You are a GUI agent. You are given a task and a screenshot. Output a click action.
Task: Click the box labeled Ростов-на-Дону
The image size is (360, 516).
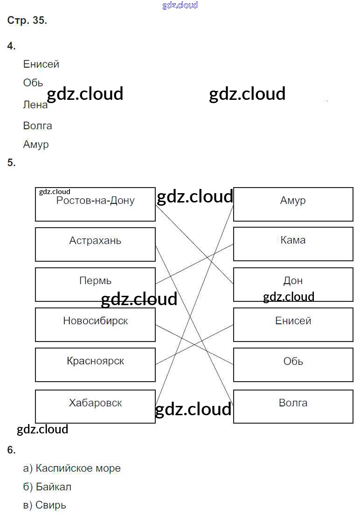coord(95,204)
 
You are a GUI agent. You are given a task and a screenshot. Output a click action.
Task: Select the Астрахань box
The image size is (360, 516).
coord(95,244)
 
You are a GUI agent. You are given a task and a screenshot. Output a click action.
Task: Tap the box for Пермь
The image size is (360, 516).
coord(95,284)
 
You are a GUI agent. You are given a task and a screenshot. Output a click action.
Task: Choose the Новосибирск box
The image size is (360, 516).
coord(95,324)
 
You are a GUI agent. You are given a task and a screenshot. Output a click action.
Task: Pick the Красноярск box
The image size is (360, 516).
coord(95,364)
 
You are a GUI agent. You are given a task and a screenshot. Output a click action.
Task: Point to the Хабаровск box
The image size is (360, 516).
coord(95,406)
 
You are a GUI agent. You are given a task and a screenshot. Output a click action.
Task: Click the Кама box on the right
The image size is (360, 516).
coord(293,244)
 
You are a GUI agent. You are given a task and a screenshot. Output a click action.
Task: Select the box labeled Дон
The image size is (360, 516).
coord(293,284)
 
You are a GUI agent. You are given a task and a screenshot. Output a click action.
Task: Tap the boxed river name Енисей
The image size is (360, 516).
coord(293,324)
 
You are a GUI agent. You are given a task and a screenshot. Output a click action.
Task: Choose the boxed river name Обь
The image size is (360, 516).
coord(293,364)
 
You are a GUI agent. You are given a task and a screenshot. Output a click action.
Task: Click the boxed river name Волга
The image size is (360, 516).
coord(293,406)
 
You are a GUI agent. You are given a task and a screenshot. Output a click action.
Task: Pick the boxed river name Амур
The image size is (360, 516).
coord(293,204)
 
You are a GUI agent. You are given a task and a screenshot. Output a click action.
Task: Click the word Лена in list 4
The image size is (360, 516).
coord(35,105)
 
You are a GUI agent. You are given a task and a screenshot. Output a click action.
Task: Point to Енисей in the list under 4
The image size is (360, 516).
coord(41,64)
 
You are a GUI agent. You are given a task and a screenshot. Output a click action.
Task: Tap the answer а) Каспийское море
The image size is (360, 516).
coord(72,468)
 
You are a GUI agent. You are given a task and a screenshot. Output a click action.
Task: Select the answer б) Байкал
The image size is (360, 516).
coord(47,487)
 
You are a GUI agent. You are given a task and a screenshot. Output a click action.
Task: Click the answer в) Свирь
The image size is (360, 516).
coord(45,505)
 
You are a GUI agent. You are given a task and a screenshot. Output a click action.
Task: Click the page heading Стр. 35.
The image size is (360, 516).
coord(27,21)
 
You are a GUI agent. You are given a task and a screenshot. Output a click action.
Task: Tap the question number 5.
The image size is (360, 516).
coord(11,163)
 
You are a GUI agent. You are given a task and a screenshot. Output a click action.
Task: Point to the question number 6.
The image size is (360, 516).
coord(11,450)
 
